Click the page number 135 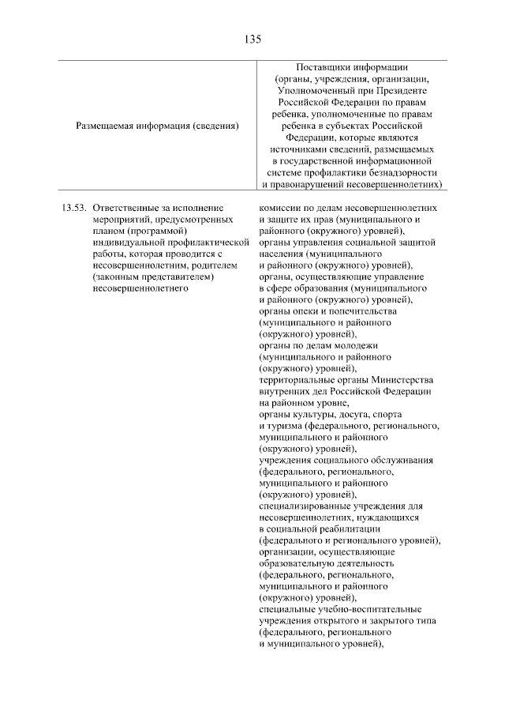252,38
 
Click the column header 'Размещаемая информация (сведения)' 157,125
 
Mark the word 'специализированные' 306,506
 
